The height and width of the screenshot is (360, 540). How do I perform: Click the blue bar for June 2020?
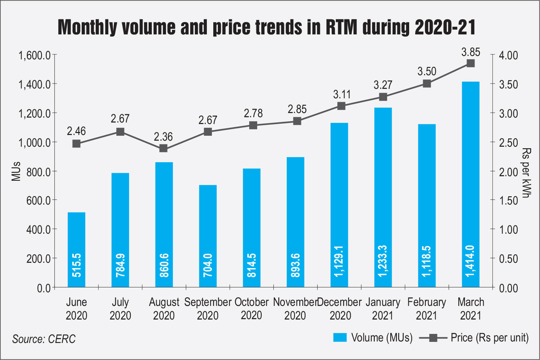click(76, 250)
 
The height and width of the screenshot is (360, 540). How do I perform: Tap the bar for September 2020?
click(208, 236)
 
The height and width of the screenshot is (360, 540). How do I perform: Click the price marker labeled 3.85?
click(470, 63)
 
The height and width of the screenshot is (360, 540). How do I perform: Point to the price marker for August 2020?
click(163, 148)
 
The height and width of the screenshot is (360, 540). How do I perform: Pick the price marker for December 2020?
click(341, 106)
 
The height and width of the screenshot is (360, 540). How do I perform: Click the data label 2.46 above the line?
click(76, 131)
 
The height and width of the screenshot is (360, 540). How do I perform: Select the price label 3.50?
click(427, 71)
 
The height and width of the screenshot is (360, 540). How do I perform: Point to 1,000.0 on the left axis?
click(34, 142)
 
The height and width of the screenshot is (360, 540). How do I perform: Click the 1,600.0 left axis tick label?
click(34, 55)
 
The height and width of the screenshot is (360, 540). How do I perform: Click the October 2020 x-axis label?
click(251, 309)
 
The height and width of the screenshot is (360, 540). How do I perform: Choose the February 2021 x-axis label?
click(427, 309)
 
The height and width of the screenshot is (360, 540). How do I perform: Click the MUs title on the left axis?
click(16, 171)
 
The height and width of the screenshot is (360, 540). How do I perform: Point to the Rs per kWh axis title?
click(526, 171)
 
